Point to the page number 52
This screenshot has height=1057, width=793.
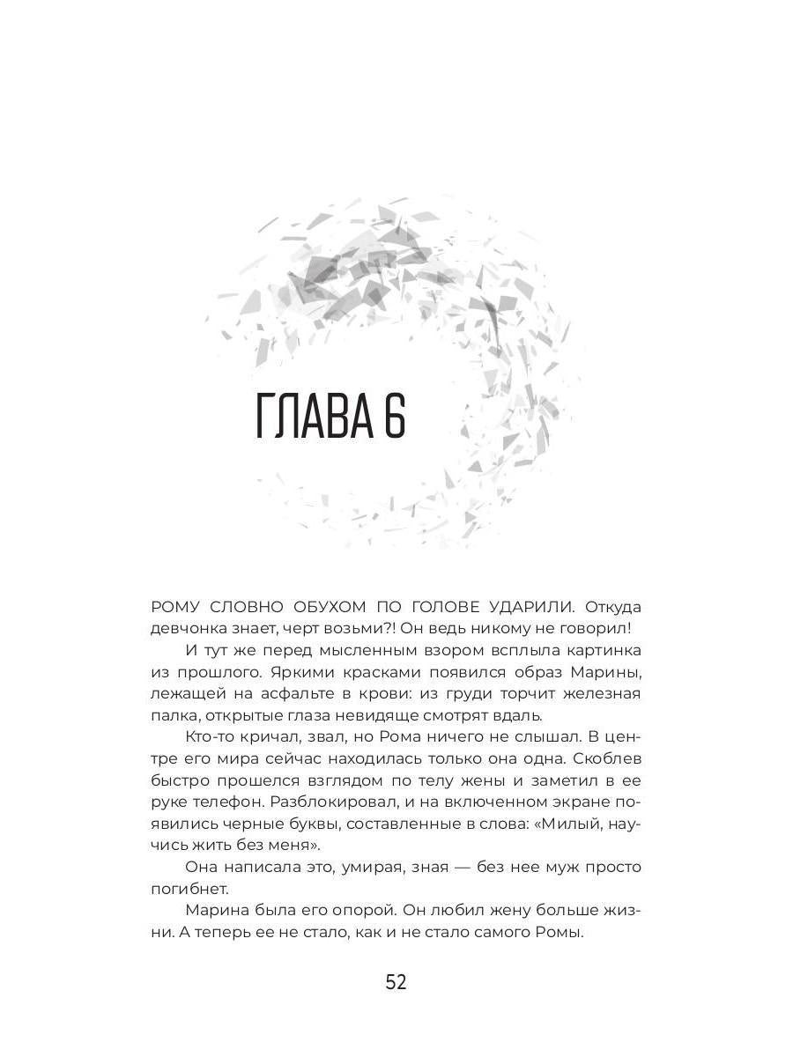tap(396, 983)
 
